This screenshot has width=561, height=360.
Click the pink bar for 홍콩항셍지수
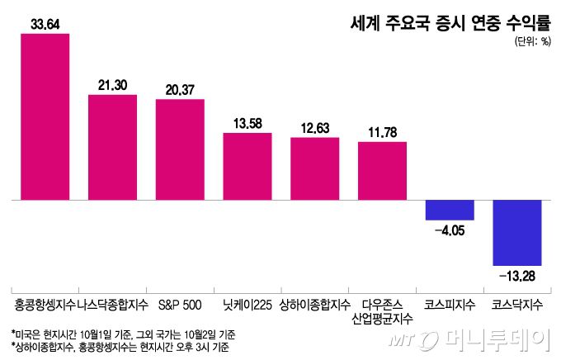pos(45,116)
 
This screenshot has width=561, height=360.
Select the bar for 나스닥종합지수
pos(112,148)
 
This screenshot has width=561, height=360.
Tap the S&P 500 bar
pos(180,149)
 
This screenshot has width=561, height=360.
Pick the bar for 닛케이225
pos(247,166)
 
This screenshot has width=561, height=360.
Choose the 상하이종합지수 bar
pos(315,168)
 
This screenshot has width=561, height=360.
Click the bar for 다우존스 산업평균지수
pos(382,171)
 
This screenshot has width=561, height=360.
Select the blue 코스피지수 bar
pos(450,210)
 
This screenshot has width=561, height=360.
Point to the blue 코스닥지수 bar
pos(517,232)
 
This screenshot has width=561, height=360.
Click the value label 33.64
pos(45,23)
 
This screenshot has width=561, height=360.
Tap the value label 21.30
pos(112,85)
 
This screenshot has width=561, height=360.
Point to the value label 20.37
pos(180,89)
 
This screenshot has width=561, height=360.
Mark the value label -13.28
pos(517,274)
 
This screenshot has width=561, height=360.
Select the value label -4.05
pos(450,230)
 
